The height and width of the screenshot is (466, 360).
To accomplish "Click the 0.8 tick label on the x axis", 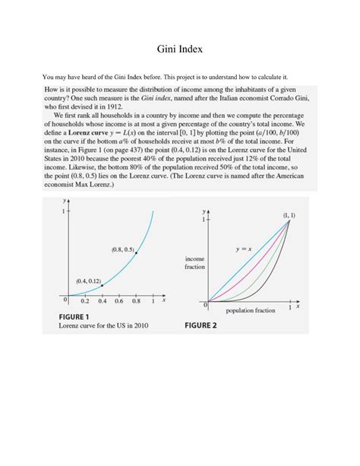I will coord(136,301).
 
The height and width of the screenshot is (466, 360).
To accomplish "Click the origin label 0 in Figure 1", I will coord(66,300).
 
